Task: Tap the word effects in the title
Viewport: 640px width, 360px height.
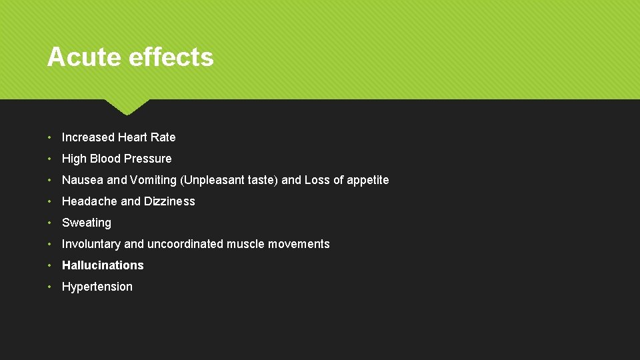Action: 171,57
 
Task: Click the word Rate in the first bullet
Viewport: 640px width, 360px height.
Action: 163,137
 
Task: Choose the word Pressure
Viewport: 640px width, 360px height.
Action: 149,159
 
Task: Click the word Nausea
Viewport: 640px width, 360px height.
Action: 83,180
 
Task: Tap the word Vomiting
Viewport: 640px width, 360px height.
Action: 153,180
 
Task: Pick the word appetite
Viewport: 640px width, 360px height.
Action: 367,180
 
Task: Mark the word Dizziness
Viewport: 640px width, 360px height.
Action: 169,201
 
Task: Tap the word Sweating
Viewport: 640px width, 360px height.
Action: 87,223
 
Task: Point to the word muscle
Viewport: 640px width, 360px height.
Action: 245,244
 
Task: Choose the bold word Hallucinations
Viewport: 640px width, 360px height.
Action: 103,265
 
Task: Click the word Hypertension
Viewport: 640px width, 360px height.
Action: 97,287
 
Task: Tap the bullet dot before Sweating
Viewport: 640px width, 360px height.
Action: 51,223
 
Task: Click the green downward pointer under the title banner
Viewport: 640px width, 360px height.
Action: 127,106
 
